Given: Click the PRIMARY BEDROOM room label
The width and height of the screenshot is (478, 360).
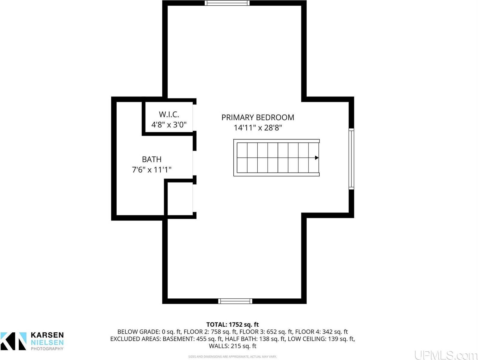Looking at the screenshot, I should (x=258, y=117).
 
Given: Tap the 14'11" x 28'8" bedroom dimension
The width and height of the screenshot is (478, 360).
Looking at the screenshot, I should (x=258, y=128).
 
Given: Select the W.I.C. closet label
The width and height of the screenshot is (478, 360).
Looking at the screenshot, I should (x=169, y=114).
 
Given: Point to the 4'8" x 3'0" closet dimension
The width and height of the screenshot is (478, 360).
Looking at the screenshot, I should (x=169, y=124).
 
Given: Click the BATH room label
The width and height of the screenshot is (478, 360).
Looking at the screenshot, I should (x=152, y=159).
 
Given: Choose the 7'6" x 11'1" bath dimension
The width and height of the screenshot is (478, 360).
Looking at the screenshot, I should (x=152, y=170).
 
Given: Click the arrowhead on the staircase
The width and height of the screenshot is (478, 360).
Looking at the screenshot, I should (x=317, y=158).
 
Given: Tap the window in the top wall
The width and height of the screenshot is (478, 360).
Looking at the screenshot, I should (x=227, y=3).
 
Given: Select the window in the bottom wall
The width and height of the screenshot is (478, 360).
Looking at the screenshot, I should (x=235, y=301).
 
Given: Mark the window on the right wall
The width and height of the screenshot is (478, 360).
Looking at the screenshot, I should (x=351, y=159).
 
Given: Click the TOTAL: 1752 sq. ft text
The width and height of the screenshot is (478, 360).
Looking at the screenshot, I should (x=232, y=325).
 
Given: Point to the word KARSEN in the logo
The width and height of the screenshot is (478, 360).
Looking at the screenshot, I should (x=47, y=335).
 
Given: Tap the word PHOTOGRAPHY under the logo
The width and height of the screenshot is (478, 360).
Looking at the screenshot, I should (x=47, y=349).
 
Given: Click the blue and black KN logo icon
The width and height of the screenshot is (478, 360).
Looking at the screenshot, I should (x=14, y=341).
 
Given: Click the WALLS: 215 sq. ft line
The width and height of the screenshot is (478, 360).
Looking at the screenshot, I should (x=232, y=346).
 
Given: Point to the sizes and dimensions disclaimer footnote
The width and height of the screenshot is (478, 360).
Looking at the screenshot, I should (x=232, y=357).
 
